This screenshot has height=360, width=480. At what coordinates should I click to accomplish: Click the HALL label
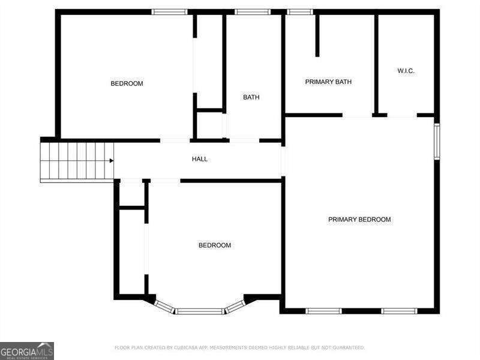tap(200, 159)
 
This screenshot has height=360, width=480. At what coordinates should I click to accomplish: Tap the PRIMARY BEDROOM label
tap(359, 220)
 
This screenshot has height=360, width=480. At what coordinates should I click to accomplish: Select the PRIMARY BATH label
tap(328, 82)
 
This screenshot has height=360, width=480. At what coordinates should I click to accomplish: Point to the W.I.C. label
tap(406, 71)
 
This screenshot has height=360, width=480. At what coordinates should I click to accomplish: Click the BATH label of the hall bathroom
tap(251, 97)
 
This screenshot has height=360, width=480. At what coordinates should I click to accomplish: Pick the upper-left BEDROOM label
tap(127, 83)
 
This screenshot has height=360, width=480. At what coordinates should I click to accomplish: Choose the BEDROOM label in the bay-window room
tap(215, 245)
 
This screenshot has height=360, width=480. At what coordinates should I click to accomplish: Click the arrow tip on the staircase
tap(112, 160)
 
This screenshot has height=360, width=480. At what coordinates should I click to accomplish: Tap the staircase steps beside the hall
tap(76, 161)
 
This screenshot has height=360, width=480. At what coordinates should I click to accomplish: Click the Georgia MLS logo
tap(27, 350)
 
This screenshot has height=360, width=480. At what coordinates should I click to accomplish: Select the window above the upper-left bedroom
tap(169, 11)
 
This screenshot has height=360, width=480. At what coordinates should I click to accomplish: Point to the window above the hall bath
tap(252, 11)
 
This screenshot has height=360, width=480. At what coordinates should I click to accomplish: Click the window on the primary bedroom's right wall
tap(437, 141)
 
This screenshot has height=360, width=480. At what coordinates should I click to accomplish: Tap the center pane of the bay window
tap(199, 311)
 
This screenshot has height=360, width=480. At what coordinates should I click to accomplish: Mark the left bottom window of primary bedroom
tap(323, 311)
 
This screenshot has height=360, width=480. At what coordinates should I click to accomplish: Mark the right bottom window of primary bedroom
tap(399, 311)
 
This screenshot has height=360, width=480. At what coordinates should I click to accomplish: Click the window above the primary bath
tap(299, 11)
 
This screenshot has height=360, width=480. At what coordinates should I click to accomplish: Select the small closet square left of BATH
tap(210, 125)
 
